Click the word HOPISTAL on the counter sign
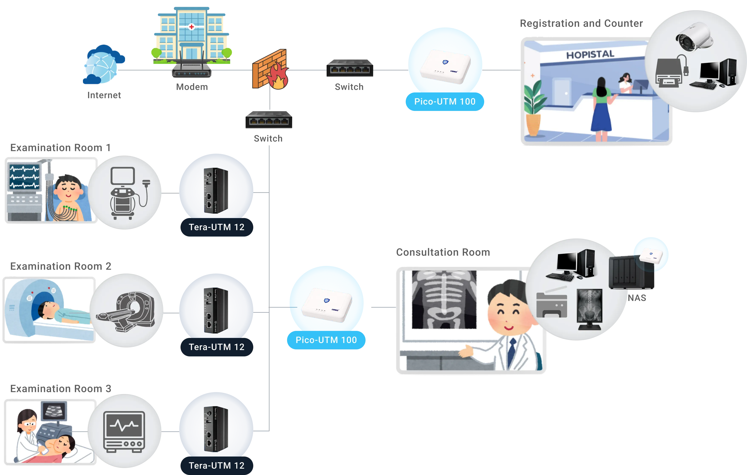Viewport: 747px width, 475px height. tap(590, 55)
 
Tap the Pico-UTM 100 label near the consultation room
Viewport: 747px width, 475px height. tap(326, 340)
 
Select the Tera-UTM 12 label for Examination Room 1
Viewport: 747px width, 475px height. tap(216, 227)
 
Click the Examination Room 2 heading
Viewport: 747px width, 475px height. tap(57, 266)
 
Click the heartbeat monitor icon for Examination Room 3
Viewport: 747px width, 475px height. tap(124, 431)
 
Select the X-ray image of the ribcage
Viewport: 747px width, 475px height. tap(444, 299)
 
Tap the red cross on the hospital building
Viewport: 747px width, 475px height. tap(191, 27)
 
